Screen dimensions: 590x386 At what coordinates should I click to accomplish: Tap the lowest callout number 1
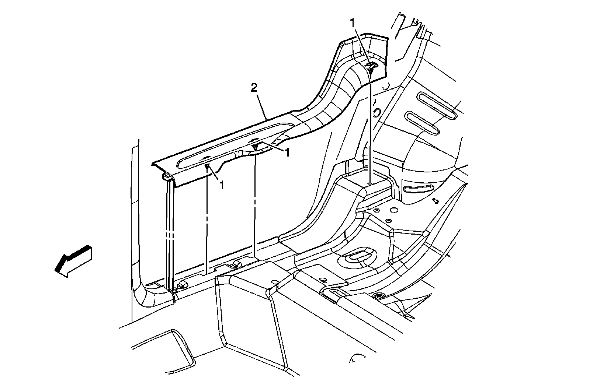(222, 185)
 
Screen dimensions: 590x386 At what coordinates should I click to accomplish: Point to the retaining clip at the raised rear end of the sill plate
(371, 67)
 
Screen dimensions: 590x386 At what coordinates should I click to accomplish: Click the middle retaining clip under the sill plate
(254, 148)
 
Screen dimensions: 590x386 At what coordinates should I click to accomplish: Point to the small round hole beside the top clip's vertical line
(376, 112)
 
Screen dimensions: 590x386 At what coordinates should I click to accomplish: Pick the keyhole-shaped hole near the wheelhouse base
(435, 201)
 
